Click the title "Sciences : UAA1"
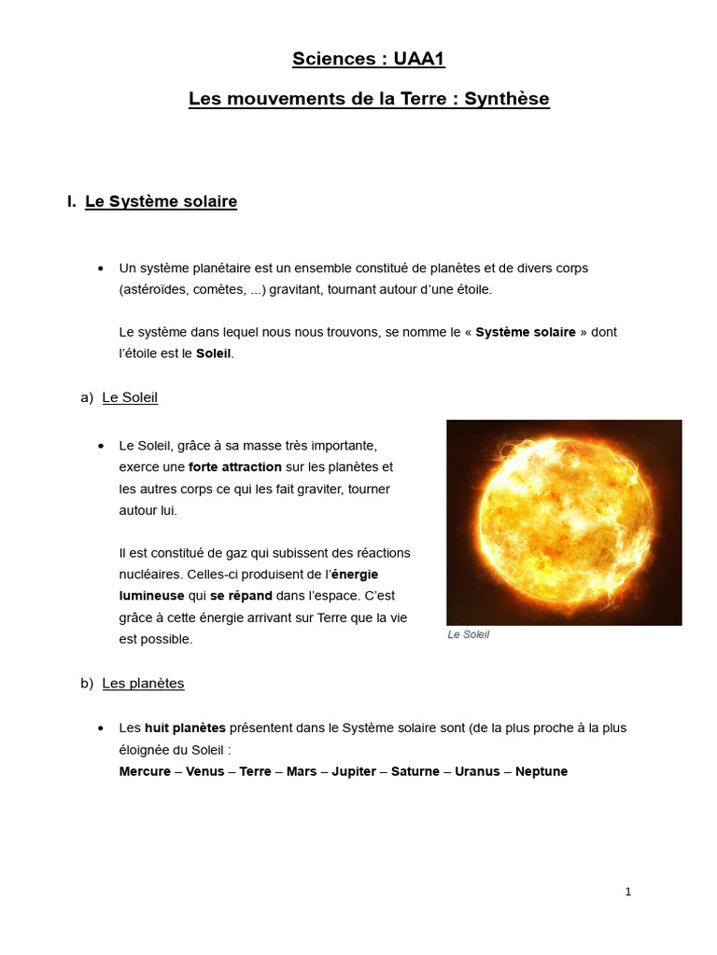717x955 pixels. pos(368,60)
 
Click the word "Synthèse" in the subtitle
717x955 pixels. pos(507,98)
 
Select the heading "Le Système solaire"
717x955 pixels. pos(161,201)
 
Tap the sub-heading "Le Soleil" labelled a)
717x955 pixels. pos(130,397)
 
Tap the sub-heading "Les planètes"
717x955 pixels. pos(143,684)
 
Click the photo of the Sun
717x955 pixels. pos(564,522)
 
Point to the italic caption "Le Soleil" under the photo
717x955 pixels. pos(469,635)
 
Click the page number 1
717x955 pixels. pos(628,892)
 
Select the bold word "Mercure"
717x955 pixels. pos(145,771)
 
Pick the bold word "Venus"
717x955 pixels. pos(206,771)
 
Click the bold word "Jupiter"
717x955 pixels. pos(353,771)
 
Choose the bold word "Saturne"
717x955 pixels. pos(415,771)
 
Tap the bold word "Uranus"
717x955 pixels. pos(477,771)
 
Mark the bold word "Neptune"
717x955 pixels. pos(541,771)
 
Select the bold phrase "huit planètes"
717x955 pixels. pos(186,727)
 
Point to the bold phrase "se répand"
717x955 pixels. pos(241,596)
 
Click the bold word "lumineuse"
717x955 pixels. pos(151,596)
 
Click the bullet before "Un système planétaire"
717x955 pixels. pos(101,269)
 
